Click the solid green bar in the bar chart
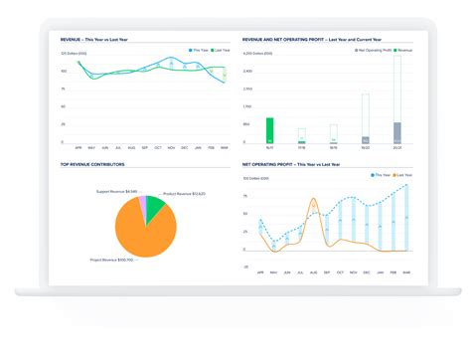click(x=269, y=129)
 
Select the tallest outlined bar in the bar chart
click(x=397, y=94)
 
